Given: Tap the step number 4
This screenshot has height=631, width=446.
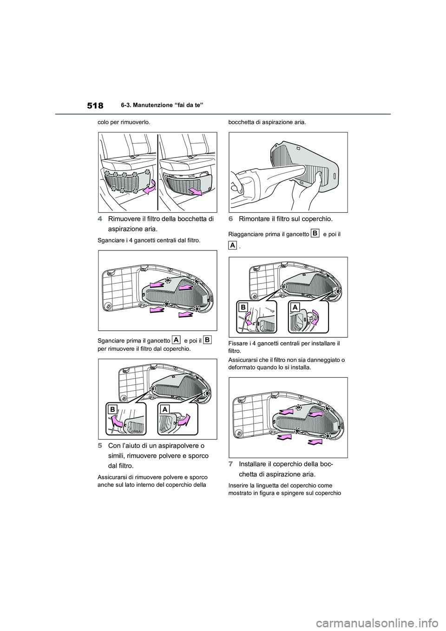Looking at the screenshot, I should pos(100,219).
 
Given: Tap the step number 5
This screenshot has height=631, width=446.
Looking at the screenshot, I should pos(100,447).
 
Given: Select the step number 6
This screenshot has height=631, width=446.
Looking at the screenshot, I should pos(230,219).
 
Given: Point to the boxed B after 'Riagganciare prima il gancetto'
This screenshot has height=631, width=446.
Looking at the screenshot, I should pos(315,233).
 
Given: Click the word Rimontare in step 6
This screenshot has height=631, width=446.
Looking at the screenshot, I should pos(253,219).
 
